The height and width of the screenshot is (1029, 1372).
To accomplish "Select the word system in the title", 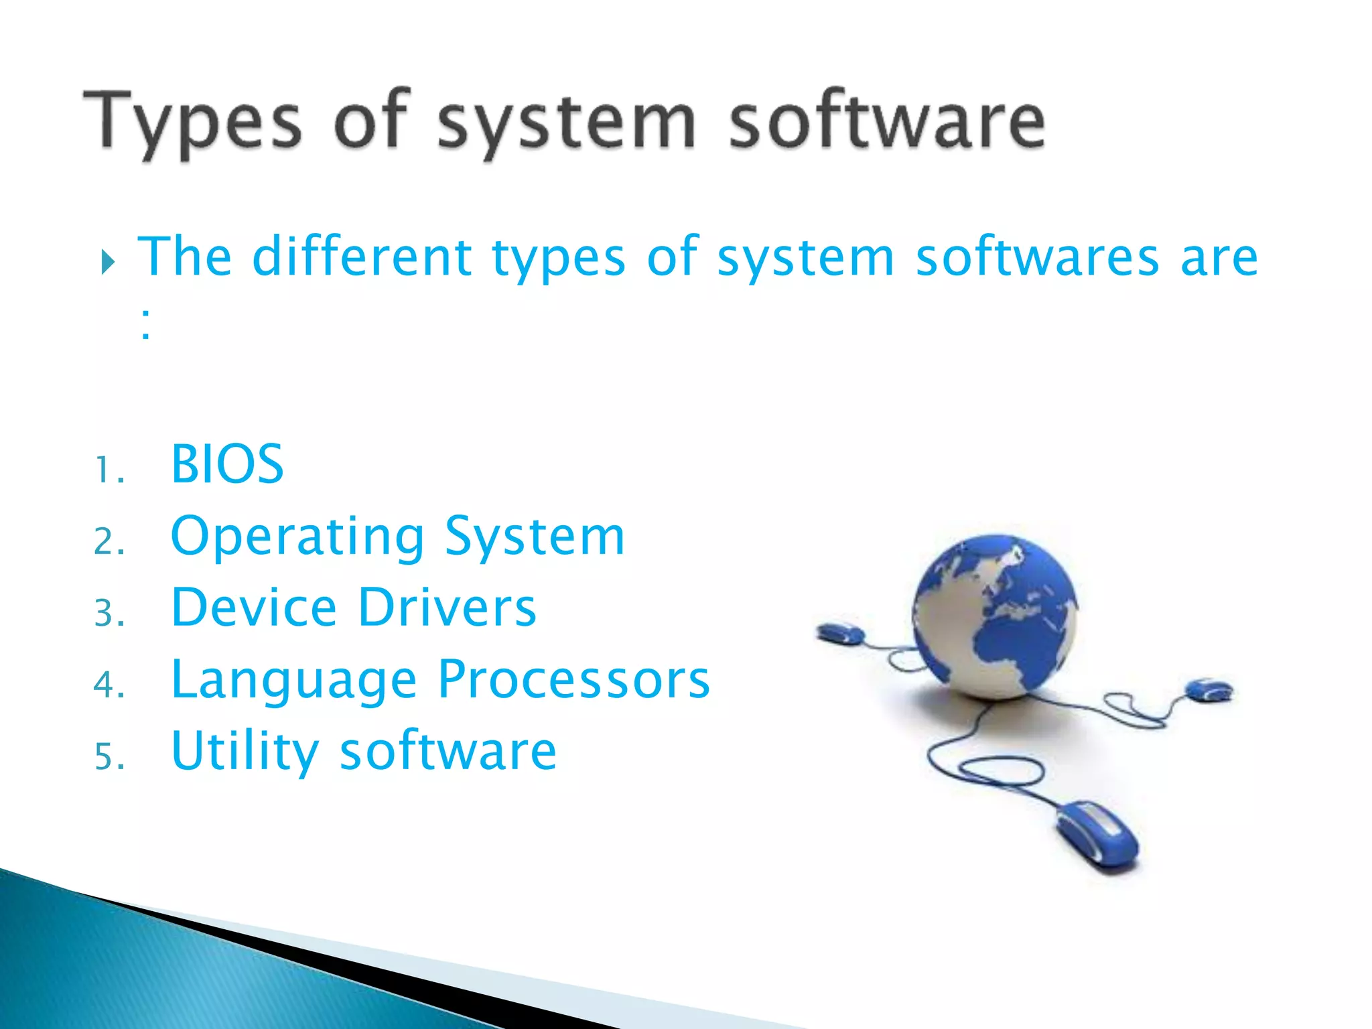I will [x=566, y=124].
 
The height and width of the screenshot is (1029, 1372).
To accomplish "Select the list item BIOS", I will [x=227, y=464].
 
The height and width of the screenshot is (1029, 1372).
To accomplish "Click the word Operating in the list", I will [x=297, y=537].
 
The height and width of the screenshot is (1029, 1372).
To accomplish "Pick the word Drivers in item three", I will [x=447, y=607].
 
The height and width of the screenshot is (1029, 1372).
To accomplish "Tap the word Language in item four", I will [x=294, y=681].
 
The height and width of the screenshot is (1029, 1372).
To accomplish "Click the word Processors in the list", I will [x=573, y=679].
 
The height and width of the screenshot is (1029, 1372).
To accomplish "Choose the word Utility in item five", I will [x=245, y=751].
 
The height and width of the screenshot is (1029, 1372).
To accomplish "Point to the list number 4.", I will [x=107, y=685].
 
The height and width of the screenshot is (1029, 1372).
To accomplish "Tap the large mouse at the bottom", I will [x=1097, y=835].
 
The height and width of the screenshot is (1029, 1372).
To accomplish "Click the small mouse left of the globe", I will [x=840, y=633].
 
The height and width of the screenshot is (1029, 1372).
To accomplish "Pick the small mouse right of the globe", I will [x=1209, y=689].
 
